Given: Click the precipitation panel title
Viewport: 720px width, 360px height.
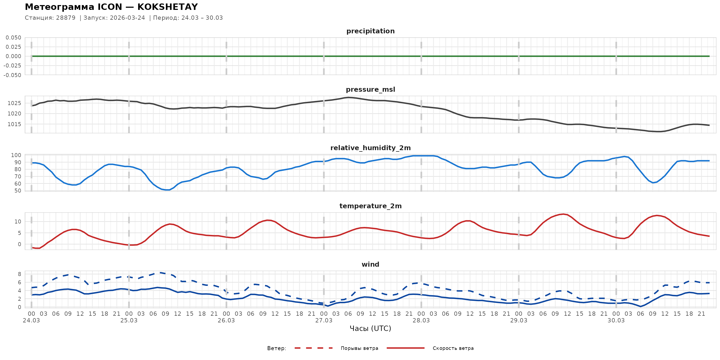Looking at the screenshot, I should pyautogui.click(x=370, y=31).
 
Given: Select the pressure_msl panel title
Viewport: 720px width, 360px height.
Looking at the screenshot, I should pyautogui.click(x=370, y=89).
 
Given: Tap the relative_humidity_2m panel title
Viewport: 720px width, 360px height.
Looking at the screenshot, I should pyautogui.click(x=370, y=148).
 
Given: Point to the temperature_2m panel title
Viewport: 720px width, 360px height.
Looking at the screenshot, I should pyautogui.click(x=370, y=206).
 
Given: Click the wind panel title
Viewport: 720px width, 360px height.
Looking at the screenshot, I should pyautogui.click(x=370, y=265).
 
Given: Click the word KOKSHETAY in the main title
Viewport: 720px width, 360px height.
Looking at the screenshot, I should pyautogui.click(x=167, y=7).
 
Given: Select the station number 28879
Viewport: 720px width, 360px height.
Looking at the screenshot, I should pyautogui.click(x=66, y=18).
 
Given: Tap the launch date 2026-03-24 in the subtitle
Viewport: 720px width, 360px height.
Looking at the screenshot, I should pyautogui.click(x=127, y=18).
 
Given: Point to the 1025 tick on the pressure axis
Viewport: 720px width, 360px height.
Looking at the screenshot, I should pyautogui.click(x=14, y=103).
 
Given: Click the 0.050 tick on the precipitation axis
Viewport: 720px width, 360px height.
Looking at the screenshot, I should pyautogui.click(x=13, y=38).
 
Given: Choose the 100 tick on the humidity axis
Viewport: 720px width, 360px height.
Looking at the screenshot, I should pyautogui.click(x=16, y=155).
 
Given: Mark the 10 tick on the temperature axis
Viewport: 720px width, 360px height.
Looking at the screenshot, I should pyautogui.click(x=18, y=222).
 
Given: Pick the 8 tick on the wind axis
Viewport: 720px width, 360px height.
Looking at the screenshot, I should pyautogui.click(x=19, y=274).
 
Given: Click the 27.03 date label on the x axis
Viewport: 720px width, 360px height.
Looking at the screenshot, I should pyautogui.click(x=324, y=321).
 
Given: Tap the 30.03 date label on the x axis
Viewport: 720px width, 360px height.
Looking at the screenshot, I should pyautogui.click(x=616, y=321).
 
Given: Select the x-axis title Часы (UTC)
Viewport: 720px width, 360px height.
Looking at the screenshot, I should pyautogui.click(x=370, y=329).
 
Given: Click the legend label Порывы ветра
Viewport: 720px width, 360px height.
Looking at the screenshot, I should pyautogui.click(x=359, y=348).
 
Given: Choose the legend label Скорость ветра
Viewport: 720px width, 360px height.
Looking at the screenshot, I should pyautogui.click(x=453, y=348).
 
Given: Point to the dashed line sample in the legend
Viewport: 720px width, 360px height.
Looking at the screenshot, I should pyautogui.click(x=314, y=348).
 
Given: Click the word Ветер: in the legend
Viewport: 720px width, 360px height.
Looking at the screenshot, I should pyautogui.click(x=277, y=348).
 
